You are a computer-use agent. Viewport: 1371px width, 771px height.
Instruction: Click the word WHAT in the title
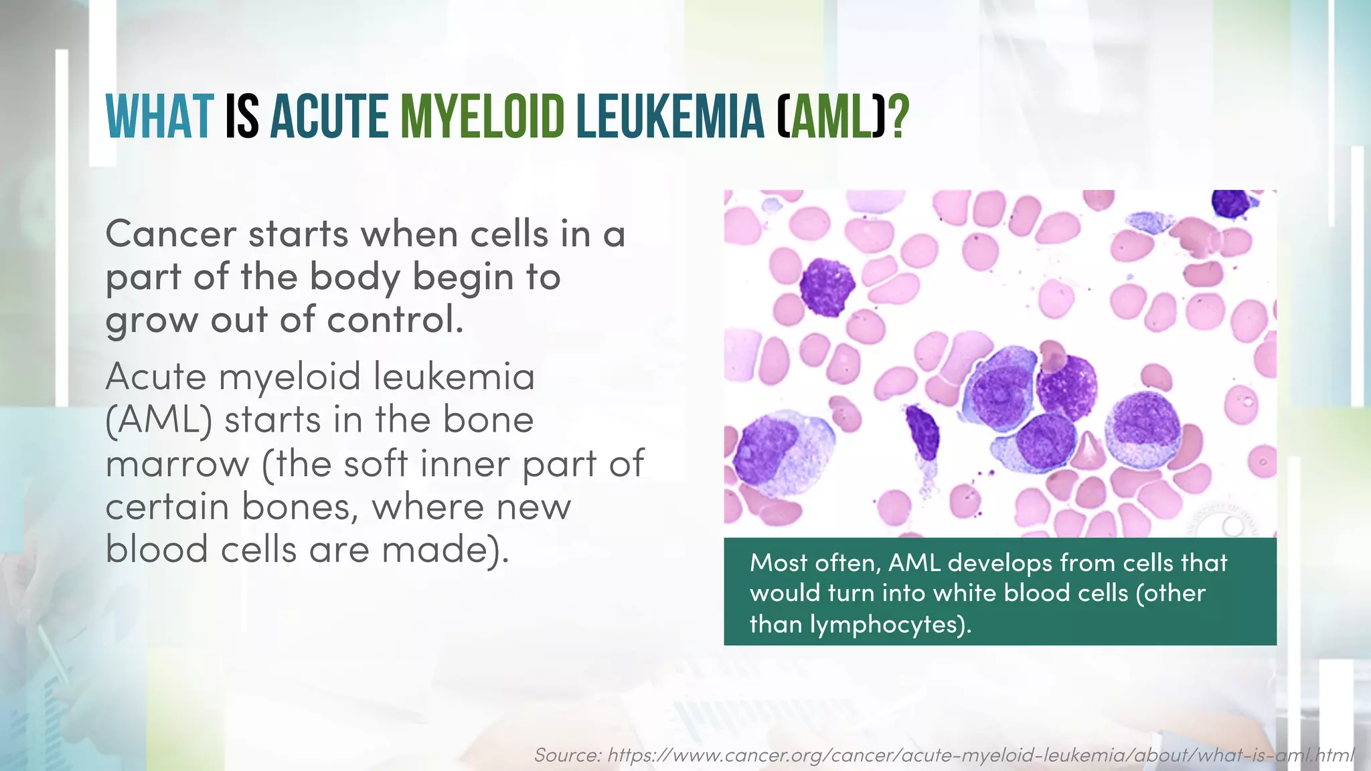coord(160,117)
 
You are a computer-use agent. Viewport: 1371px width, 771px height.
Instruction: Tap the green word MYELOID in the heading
coord(483,117)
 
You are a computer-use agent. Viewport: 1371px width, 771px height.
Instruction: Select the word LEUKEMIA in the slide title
coord(670,117)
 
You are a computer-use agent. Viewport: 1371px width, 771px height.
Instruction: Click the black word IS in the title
coord(242,117)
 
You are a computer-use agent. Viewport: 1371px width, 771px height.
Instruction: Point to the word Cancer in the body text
coord(171,234)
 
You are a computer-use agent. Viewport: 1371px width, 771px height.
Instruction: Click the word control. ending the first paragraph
coord(395,320)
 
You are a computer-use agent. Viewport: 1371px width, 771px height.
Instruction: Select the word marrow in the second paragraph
coord(177,464)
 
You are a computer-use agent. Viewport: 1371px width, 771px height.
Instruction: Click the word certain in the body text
coord(167,507)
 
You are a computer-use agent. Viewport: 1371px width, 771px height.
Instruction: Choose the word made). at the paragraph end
coord(445,550)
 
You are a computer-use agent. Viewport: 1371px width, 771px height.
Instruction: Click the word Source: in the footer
coord(568,756)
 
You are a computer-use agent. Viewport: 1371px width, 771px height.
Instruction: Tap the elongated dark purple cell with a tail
coord(924,432)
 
